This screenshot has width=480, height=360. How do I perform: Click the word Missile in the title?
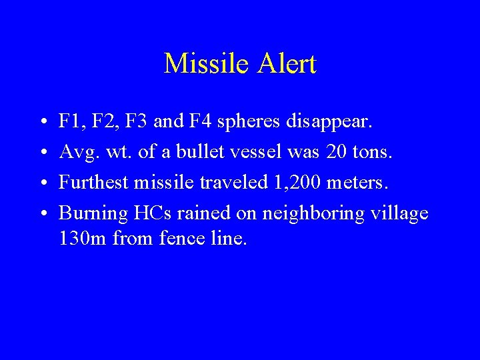click(x=198, y=64)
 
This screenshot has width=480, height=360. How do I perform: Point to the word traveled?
click(x=238, y=183)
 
